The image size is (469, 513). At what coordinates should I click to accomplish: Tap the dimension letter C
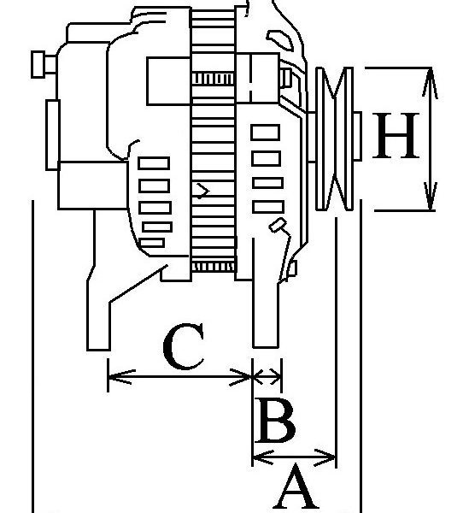click(x=184, y=346)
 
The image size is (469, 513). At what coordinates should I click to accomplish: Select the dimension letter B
click(x=275, y=420)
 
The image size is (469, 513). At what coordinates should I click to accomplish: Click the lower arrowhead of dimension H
click(x=431, y=197)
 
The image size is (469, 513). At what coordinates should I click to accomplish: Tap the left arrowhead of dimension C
click(x=121, y=376)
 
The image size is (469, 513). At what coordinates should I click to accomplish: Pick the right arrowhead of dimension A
click(x=325, y=457)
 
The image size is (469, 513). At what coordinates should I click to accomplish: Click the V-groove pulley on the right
click(x=335, y=139)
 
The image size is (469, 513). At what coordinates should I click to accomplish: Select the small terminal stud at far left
click(x=44, y=64)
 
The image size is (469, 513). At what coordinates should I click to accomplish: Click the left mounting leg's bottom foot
click(x=98, y=340)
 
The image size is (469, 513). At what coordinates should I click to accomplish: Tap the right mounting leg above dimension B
click(x=266, y=314)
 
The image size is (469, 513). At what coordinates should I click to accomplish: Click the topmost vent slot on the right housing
click(x=266, y=133)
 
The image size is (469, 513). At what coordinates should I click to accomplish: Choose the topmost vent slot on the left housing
click(x=154, y=163)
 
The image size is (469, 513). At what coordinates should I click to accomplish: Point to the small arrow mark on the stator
click(x=202, y=191)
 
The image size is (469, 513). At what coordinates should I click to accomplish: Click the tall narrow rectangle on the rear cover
click(x=52, y=135)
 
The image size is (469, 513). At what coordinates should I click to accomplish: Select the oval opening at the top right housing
click(x=280, y=40)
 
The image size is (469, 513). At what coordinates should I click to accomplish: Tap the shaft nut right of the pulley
click(x=357, y=136)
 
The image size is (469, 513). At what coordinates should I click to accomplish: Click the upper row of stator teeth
click(x=213, y=80)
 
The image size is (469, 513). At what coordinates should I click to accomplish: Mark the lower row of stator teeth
click(x=213, y=267)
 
